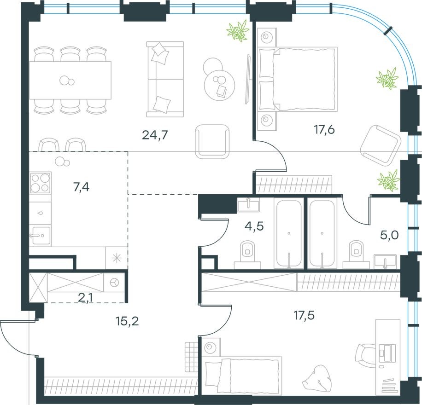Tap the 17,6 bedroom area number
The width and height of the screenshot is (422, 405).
tap(324, 129)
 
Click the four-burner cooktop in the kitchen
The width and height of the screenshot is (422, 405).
tap(40, 182)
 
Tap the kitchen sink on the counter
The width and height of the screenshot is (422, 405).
tap(40, 236)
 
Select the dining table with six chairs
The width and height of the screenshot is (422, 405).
tap(70, 81)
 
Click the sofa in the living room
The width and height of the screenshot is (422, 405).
tap(164, 79)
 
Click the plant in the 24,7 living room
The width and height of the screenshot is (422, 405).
tap(238, 32)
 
